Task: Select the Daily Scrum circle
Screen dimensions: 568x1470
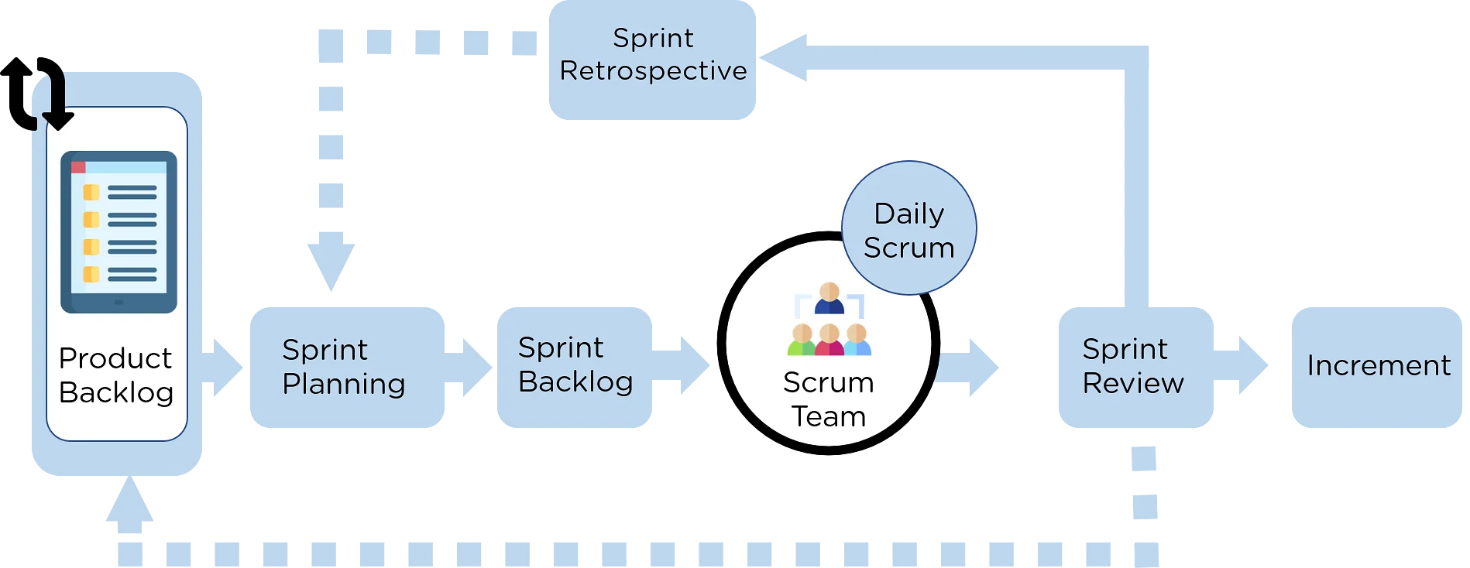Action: click(908, 228)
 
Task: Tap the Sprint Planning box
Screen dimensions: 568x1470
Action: click(345, 366)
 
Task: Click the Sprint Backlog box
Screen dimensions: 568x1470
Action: click(575, 365)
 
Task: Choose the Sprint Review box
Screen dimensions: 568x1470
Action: click(1132, 366)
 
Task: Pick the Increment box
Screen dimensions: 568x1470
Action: click(1377, 366)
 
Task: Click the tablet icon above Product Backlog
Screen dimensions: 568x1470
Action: click(118, 231)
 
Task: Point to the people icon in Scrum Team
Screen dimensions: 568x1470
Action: click(829, 320)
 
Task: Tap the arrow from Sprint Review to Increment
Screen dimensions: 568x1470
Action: click(1244, 365)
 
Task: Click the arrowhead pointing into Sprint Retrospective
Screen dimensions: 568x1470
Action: click(784, 57)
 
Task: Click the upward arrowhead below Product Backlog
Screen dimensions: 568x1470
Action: click(129, 503)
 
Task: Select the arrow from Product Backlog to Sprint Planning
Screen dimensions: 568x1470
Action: click(225, 368)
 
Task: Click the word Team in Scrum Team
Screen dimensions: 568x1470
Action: click(828, 416)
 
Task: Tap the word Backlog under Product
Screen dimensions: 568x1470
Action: click(116, 392)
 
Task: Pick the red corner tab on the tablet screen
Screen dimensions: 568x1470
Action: click(78, 167)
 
